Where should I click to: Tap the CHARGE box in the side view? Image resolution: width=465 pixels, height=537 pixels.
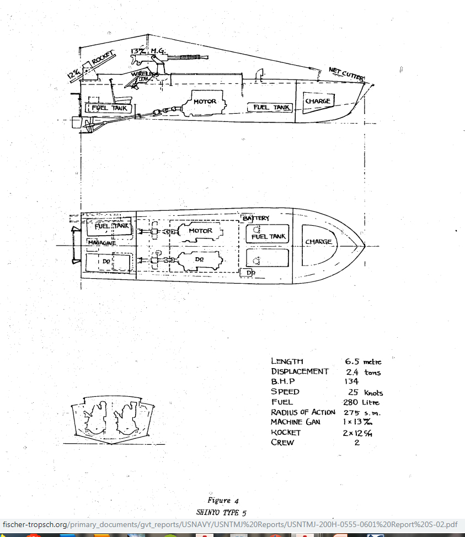tap(318, 101)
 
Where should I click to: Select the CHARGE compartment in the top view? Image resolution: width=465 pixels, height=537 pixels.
tap(319, 242)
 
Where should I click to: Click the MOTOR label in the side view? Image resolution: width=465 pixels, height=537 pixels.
tap(205, 102)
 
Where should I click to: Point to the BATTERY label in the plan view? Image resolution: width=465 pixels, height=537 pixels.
tap(256, 219)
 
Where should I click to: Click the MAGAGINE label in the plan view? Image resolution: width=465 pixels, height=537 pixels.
tap(100, 242)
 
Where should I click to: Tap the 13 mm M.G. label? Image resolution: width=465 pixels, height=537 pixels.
tap(145, 52)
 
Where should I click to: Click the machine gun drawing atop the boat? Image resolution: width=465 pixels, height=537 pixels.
tap(188, 57)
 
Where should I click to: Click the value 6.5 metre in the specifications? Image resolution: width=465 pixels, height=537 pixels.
tap(363, 361)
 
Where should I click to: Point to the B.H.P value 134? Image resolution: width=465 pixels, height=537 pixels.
tap(351, 381)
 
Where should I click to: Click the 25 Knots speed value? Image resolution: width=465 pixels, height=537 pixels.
tap(363, 392)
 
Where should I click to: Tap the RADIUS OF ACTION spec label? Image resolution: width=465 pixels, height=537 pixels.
tap(303, 412)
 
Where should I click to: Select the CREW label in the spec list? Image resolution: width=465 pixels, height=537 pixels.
tap(282, 442)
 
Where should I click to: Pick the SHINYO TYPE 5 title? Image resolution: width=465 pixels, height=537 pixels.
tap(221, 512)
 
